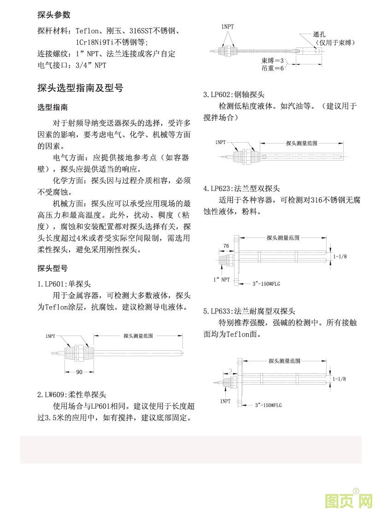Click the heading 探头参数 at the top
(x=54, y=15)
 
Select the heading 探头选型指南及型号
(x=80, y=88)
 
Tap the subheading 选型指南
(x=53, y=107)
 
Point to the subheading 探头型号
(x=53, y=268)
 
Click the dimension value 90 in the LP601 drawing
(x=79, y=372)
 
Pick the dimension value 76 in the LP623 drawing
(x=226, y=246)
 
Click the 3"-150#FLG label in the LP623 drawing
(x=266, y=284)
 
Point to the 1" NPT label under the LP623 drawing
(x=221, y=279)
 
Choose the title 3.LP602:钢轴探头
(x=234, y=95)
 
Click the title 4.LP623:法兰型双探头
(x=241, y=189)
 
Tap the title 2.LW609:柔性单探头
(x=71, y=395)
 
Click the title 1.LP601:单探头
(x=64, y=284)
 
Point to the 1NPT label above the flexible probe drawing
(x=227, y=27)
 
